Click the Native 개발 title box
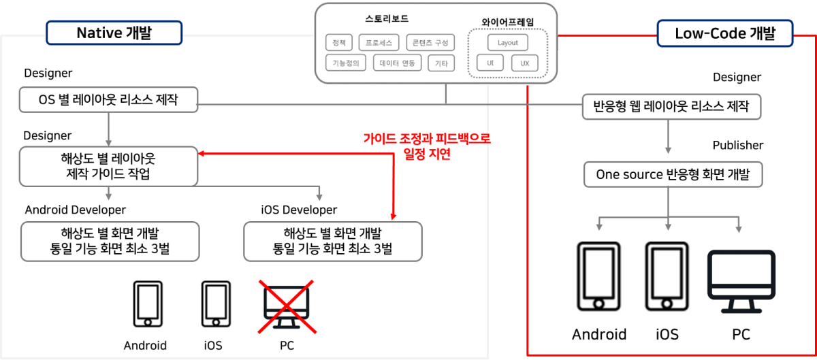(x=114, y=33)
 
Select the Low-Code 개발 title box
(x=724, y=33)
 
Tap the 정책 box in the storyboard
(x=339, y=42)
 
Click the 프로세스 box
(x=379, y=42)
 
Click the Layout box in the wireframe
(x=508, y=42)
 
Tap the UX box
(x=525, y=63)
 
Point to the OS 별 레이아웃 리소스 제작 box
(x=108, y=101)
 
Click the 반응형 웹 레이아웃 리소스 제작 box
(x=672, y=106)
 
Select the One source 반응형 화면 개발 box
(x=673, y=175)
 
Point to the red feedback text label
(x=427, y=146)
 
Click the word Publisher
(x=738, y=145)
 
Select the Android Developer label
(x=76, y=210)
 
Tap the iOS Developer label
(x=299, y=210)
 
